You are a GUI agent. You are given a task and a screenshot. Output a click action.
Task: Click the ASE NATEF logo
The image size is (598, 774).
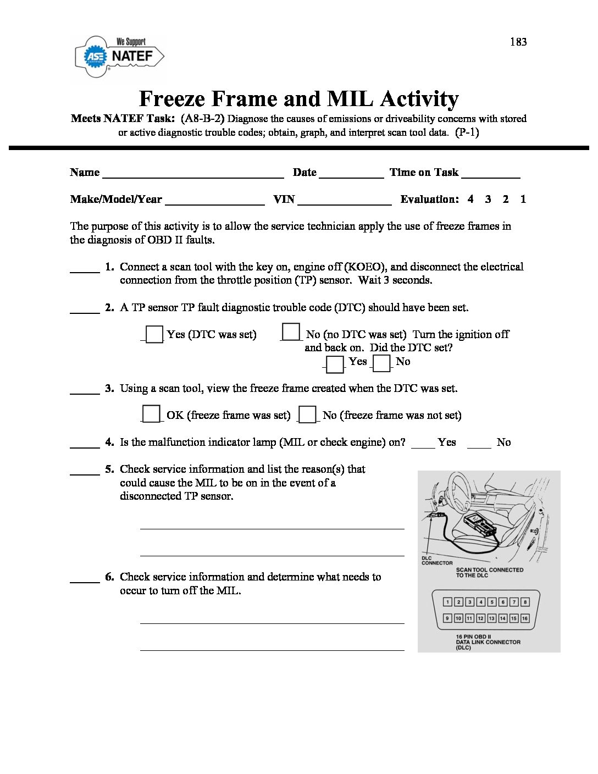[x=119, y=56]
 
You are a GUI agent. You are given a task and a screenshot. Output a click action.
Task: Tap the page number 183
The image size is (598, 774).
[x=518, y=42]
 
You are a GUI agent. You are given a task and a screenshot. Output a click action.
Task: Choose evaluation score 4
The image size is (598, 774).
[x=470, y=199]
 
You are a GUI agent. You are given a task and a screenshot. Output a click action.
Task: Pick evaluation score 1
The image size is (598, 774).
[x=523, y=199]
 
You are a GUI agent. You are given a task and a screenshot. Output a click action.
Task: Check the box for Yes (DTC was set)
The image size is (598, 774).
[x=154, y=334]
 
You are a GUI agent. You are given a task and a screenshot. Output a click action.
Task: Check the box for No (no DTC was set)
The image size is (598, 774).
[x=291, y=332]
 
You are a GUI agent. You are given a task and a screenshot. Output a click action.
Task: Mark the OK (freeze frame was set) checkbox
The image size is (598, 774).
[x=151, y=413]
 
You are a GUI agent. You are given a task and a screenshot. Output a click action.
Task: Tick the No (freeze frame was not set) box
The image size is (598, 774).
[x=308, y=414]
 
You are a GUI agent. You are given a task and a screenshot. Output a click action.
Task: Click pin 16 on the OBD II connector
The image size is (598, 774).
[x=525, y=618]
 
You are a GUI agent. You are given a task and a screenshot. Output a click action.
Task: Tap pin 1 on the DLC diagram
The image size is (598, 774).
[x=448, y=602]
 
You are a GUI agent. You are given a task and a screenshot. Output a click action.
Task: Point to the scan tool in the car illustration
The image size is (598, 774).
[x=480, y=524]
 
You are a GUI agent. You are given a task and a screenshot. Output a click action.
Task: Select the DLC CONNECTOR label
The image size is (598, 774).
[x=437, y=561]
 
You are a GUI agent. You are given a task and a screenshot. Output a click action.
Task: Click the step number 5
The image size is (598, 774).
[x=109, y=469]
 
